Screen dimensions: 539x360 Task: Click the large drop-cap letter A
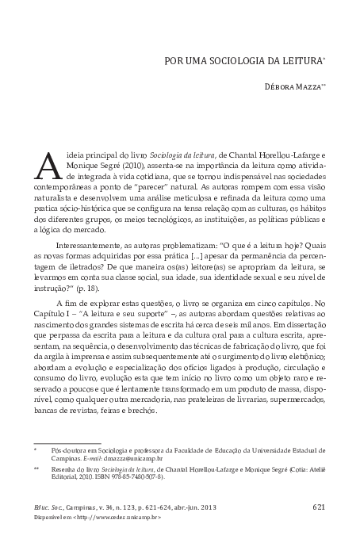(48, 165)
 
